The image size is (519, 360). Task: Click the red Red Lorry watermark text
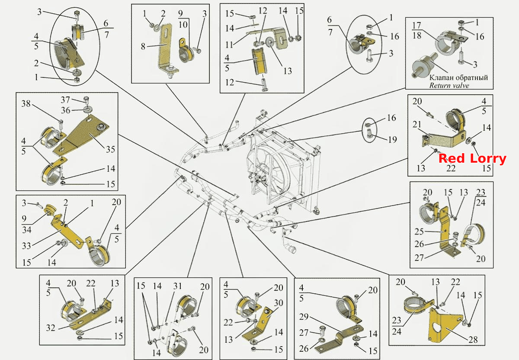[x=472, y=159]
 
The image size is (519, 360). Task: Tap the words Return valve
[x=449, y=86]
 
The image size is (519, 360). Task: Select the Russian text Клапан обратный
[x=458, y=77]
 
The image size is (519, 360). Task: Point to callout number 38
[x=26, y=103]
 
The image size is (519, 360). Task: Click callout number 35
[x=110, y=149]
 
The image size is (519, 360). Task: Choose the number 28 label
[x=473, y=340]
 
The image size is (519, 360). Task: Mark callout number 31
[x=177, y=286]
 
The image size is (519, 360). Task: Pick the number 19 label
[x=392, y=140]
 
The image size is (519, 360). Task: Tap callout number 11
[x=229, y=45]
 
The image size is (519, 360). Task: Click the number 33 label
[x=26, y=246]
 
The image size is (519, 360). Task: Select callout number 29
[x=304, y=317]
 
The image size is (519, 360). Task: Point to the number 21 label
[x=417, y=125]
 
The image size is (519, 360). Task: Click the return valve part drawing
[x=425, y=66]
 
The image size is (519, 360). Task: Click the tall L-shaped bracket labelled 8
[x=167, y=49]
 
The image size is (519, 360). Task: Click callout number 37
[x=65, y=100]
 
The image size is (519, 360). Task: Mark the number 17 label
[x=416, y=26]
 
